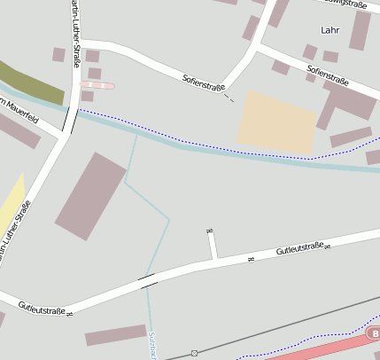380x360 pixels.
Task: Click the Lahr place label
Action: pyautogui.click(x=330, y=30)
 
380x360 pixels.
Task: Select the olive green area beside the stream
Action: pyautogui.click(x=32, y=82)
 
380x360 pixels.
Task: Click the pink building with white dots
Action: pyautogui.click(x=97, y=85)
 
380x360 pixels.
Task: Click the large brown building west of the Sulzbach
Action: pyautogui.click(x=90, y=195)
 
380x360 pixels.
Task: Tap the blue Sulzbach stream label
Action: pyautogui.click(x=152, y=346)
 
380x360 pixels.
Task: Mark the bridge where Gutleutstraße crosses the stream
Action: pyautogui.click(x=148, y=280)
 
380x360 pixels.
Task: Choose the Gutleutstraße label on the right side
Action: pyautogui.click(x=299, y=251)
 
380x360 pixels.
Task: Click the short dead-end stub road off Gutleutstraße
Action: pyautogui.click(x=213, y=244)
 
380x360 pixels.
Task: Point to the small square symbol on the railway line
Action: pyautogui.click(x=194, y=354)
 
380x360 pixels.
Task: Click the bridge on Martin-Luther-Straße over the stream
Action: pyautogui.click(x=70, y=116)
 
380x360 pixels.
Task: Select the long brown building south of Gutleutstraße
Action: pyautogui.click(x=116, y=335)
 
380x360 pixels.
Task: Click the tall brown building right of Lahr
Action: pyautogui.click(x=360, y=30)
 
